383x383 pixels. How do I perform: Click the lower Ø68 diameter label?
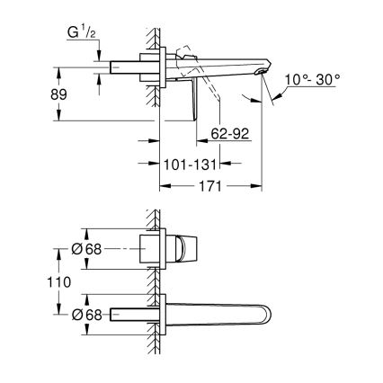point(86,314)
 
